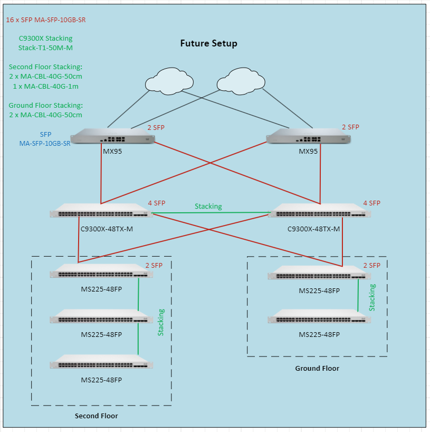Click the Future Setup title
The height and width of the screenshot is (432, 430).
click(x=208, y=43)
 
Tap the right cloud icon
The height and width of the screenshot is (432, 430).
click(x=240, y=79)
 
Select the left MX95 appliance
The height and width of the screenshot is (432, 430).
click(x=112, y=137)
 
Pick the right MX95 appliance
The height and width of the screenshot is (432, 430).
click(x=309, y=137)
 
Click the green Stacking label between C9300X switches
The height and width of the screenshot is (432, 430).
click(x=208, y=206)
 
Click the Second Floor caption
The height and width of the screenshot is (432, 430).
click(x=96, y=416)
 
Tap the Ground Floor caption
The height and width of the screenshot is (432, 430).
click(x=317, y=368)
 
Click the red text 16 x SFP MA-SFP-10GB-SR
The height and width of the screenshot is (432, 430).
click(x=45, y=20)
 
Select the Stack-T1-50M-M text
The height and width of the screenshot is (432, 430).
click(x=45, y=48)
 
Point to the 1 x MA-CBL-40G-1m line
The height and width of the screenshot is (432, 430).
click(x=45, y=86)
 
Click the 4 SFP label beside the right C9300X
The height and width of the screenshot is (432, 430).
click(x=371, y=203)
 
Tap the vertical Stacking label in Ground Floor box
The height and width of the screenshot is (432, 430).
click(x=372, y=297)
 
